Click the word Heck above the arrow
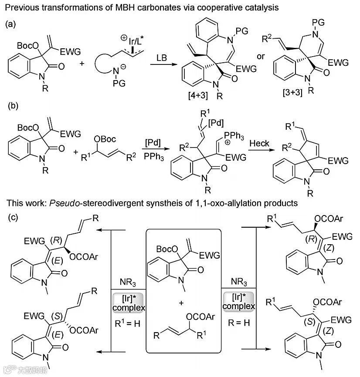(x=262, y=143)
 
